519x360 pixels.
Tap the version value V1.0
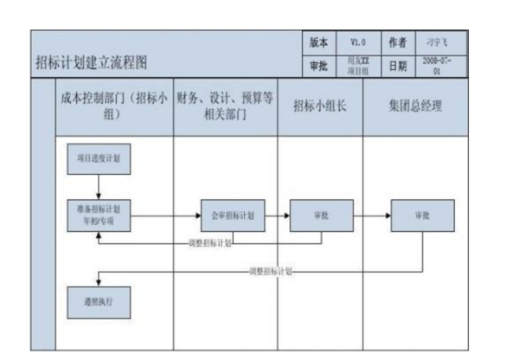pos(358,42)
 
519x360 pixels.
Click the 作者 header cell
pos(399,42)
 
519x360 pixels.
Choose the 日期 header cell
pos(399,65)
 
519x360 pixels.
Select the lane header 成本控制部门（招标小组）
pos(114,107)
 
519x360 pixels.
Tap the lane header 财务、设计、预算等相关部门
pos(225,107)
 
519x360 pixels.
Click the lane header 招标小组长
pos(319,107)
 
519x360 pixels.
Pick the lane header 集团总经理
pos(414,107)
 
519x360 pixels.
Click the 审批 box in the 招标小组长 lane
pos(320,215)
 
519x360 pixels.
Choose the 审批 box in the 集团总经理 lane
pos(421,215)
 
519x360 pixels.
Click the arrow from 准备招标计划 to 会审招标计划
pos(164,215)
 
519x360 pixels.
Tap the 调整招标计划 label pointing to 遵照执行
pos(269,271)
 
